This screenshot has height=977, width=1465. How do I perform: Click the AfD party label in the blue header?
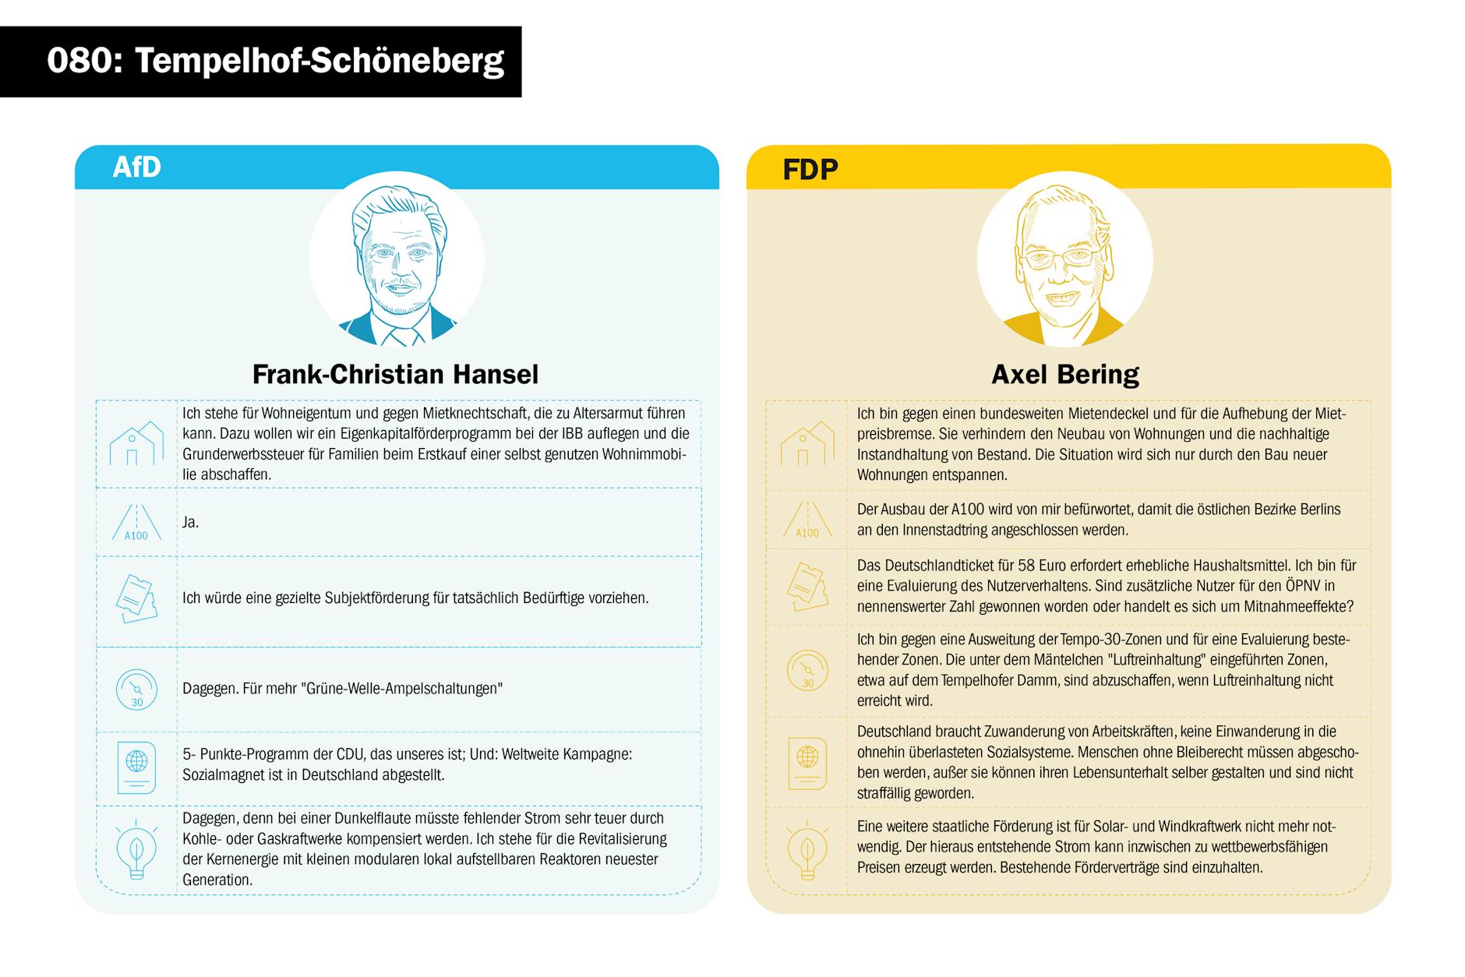click(136, 167)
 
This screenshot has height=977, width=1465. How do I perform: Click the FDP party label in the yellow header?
click(810, 169)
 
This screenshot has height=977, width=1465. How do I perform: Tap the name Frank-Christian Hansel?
click(395, 375)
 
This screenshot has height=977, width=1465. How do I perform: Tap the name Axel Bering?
click(1064, 375)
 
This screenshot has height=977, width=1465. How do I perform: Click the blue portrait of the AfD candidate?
click(397, 261)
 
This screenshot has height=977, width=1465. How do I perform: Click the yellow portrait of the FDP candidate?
click(1064, 261)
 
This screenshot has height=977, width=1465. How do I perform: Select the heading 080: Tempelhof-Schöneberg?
click(275, 61)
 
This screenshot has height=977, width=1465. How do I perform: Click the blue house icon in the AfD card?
click(136, 443)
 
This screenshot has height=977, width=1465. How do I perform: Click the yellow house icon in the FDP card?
click(807, 443)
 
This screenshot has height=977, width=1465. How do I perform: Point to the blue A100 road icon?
click(136, 523)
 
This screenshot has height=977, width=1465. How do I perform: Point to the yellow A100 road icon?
click(807, 520)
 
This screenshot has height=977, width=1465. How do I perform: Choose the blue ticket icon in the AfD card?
click(136, 599)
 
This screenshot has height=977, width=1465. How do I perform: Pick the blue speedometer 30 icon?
click(136, 689)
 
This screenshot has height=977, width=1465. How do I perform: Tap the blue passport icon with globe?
click(136, 767)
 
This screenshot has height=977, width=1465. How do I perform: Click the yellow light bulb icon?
click(807, 850)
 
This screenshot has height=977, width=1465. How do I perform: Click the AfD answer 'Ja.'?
click(191, 522)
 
